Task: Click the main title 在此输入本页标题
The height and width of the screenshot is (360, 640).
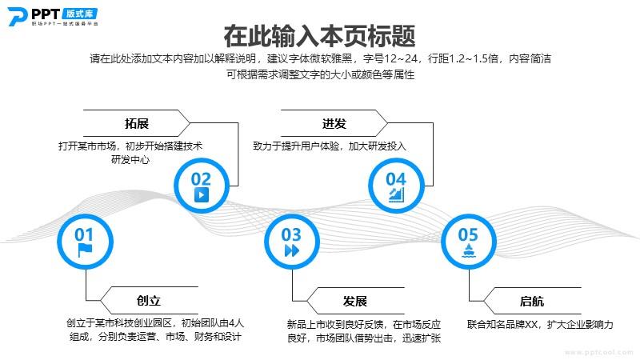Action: click(x=320, y=36)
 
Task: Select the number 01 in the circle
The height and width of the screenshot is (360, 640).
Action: click(x=84, y=234)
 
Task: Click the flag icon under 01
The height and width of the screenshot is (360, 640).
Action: click(x=84, y=250)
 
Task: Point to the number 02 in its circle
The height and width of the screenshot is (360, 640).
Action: click(x=202, y=178)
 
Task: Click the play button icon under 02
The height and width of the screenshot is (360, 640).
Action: click(x=202, y=194)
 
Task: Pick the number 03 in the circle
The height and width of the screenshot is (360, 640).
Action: click(x=292, y=234)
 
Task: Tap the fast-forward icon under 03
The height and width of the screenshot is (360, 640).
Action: click(x=292, y=250)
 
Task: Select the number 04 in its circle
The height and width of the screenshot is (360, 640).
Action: click(x=396, y=178)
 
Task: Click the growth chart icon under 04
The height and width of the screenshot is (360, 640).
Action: click(x=396, y=195)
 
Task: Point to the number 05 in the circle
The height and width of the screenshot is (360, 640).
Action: click(x=468, y=234)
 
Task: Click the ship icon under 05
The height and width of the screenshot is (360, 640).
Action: click(x=468, y=250)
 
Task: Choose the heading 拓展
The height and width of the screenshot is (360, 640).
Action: click(x=137, y=124)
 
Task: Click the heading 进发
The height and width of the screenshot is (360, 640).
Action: click(x=334, y=124)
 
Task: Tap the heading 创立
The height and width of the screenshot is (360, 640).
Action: click(x=149, y=302)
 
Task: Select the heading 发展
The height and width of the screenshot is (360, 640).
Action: click(x=354, y=302)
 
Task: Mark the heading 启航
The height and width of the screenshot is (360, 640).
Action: click(x=532, y=302)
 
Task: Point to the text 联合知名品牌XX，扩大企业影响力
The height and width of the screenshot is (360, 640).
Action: click(x=540, y=325)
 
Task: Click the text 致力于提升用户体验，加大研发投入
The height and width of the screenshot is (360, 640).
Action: click(x=330, y=146)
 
